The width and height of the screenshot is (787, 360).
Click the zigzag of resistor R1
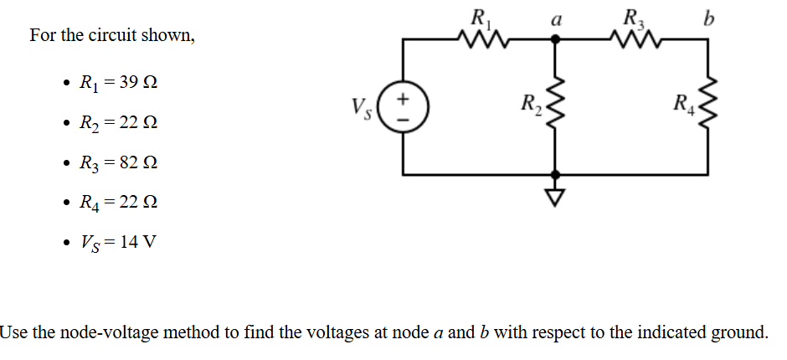point(481,39)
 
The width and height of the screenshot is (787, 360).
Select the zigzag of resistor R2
point(553,107)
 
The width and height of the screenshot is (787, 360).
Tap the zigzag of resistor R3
point(634,39)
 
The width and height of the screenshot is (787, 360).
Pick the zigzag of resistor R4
point(710,107)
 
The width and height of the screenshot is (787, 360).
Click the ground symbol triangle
point(553,196)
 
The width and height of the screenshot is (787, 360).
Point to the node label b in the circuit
point(710,18)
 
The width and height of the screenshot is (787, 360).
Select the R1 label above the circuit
point(481,17)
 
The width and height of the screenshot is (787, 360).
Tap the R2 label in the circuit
point(529,106)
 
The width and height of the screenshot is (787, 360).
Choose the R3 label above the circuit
point(633,17)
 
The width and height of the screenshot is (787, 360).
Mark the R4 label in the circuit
point(684,106)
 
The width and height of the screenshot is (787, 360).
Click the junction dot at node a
point(553,39)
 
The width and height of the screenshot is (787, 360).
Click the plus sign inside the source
point(404,99)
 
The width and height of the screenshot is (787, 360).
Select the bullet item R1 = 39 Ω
point(117,84)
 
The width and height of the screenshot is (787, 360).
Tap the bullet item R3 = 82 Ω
point(117,163)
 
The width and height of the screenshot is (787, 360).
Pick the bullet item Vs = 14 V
point(116,243)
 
